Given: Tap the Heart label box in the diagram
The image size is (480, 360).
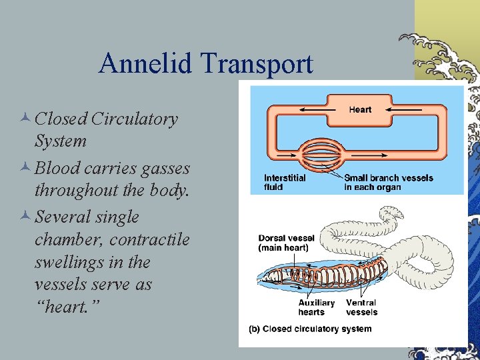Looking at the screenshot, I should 360,109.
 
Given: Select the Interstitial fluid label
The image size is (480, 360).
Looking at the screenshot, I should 285,182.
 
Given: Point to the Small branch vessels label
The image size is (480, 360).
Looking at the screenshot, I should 388,182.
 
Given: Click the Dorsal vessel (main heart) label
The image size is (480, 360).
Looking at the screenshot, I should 286,243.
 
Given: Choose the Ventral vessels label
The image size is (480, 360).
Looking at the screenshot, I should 361,307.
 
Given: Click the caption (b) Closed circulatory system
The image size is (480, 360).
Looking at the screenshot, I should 310,329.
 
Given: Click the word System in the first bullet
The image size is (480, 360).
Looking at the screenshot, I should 60,141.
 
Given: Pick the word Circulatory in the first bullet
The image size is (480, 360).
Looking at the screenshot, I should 135,119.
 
